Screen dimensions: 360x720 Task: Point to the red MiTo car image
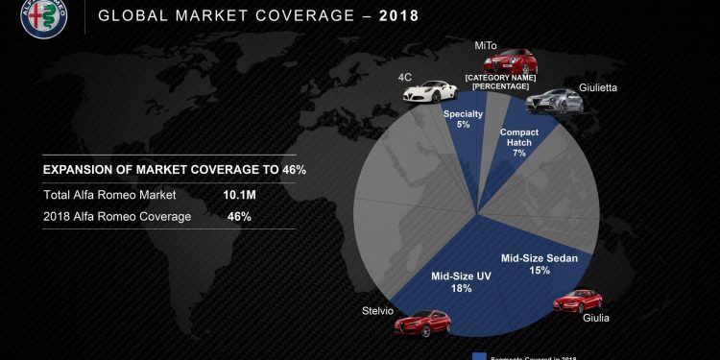(x=506, y=63)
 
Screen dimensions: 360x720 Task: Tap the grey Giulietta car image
(x=550, y=100)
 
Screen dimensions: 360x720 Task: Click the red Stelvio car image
(x=422, y=323)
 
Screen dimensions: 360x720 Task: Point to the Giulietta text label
(x=596, y=88)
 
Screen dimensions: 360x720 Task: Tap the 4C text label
(x=406, y=76)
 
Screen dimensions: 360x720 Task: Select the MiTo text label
(x=486, y=45)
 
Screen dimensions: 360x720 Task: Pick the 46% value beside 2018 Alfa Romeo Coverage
(x=239, y=216)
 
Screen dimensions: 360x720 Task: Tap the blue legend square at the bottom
(x=480, y=354)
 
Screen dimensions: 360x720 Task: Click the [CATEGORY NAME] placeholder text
(x=499, y=76)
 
